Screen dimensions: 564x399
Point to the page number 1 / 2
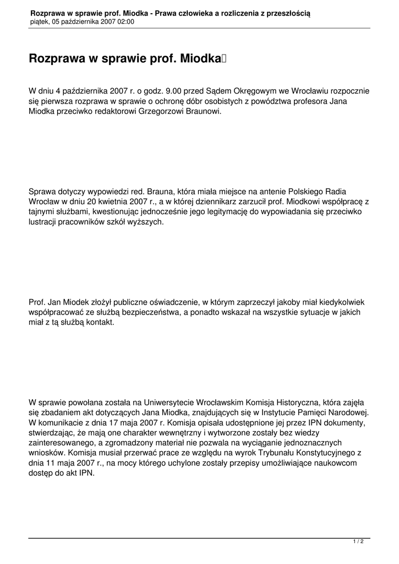click(x=358, y=542)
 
